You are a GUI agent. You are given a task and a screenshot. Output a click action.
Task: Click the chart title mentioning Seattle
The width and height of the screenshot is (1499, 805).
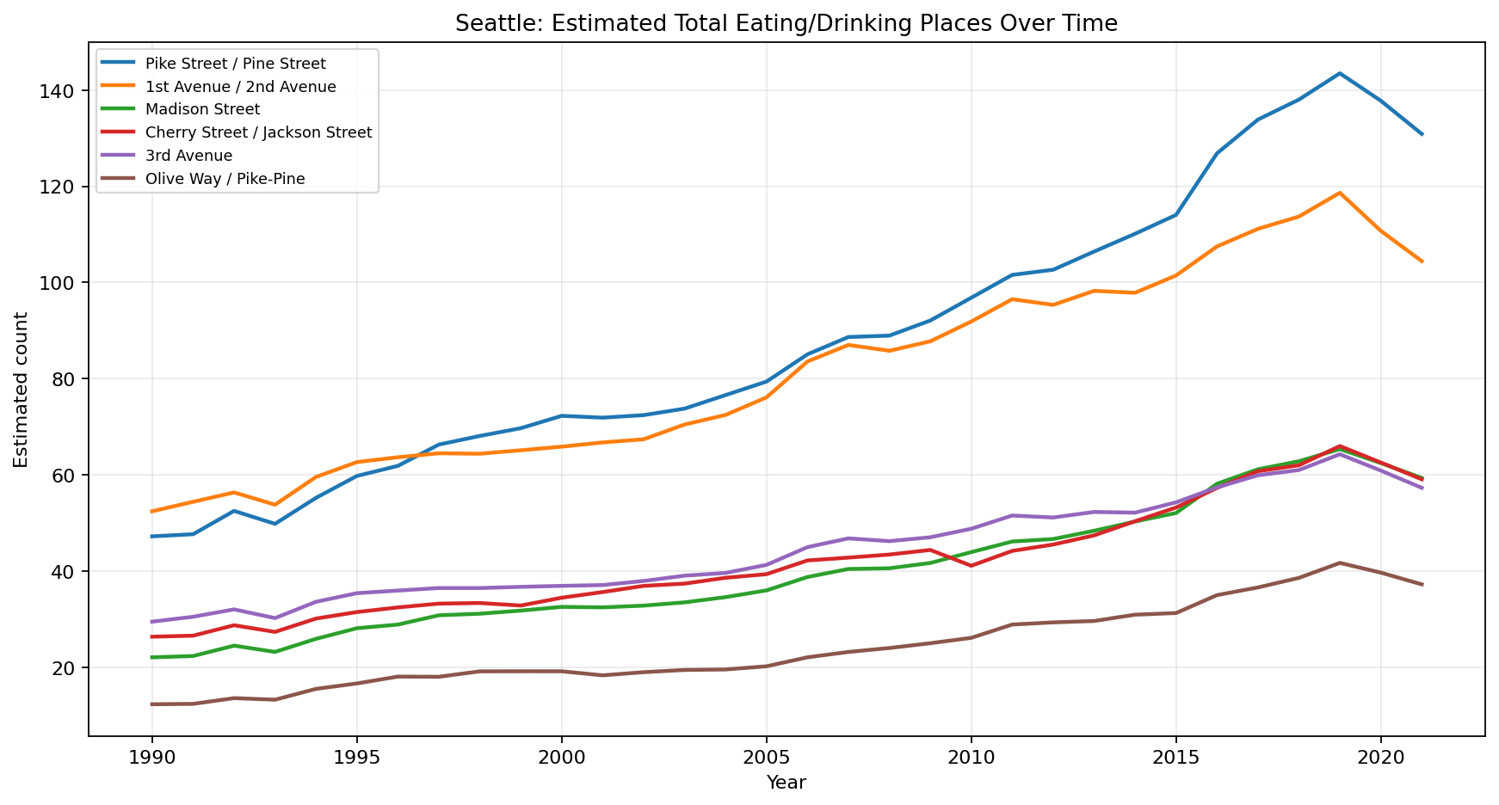(786, 23)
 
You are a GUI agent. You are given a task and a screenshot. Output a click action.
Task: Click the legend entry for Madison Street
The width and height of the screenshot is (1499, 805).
(202, 109)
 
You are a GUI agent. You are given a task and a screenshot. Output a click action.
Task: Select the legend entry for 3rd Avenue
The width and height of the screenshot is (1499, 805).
(188, 156)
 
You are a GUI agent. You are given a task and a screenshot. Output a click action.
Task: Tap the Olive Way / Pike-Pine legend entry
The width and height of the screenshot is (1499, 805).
(225, 179)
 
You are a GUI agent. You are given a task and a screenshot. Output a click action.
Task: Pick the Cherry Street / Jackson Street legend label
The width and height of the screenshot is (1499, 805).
(258, 132)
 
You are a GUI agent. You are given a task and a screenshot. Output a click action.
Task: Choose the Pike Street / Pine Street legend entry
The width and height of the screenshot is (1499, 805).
(235, 63)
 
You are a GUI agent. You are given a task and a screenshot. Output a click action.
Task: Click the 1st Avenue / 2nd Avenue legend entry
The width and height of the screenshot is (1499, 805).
(240, 86)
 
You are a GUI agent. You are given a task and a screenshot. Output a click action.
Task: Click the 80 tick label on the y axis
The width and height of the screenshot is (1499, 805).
(68, 379)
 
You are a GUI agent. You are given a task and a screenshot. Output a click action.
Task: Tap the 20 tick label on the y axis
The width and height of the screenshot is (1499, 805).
(68, 668)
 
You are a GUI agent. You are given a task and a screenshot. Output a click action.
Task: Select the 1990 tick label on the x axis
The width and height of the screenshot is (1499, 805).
(152, 758)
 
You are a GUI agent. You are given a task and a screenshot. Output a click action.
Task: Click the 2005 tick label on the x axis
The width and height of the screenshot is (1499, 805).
(766, 758)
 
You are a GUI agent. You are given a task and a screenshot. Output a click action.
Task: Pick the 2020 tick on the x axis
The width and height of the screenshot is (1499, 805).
(1380, 758)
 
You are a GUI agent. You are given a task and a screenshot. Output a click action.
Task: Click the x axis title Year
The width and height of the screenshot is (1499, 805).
(786, 783)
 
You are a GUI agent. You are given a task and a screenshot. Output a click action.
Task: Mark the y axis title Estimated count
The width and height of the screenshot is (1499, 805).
(22, 390)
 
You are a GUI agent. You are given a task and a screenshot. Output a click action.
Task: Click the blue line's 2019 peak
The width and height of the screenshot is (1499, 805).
(1340, 73)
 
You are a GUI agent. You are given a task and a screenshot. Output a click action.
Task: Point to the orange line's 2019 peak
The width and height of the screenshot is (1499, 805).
(1340, 193)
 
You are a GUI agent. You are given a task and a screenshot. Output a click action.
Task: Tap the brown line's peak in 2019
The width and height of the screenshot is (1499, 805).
(1340, 562)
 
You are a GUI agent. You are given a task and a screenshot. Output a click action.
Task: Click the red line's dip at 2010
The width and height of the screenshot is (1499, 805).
(971, 566)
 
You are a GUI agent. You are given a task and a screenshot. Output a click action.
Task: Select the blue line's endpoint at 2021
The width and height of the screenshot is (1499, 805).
(1422, 134)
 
